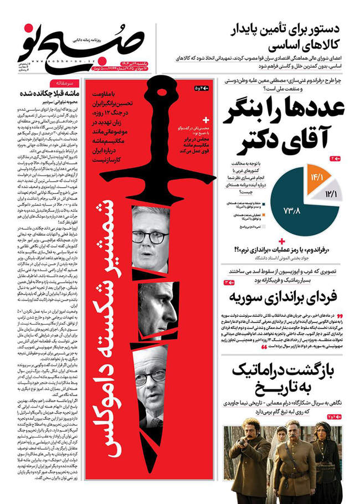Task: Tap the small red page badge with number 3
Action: (x=229, y=282)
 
